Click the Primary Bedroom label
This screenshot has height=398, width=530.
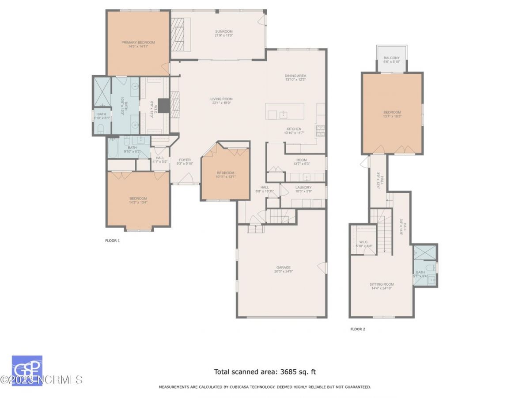(x=138, y=42)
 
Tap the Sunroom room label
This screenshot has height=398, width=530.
(x=223, y=31)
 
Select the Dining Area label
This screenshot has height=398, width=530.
(x=295, y=76)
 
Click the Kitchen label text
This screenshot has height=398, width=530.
(x=294, y=129)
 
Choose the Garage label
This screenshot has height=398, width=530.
(x=284, y=267)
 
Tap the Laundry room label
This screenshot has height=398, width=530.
(x=303, y=187)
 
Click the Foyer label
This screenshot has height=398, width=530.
(x=185, y=160)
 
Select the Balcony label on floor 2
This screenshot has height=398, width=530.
(x=391, y=58)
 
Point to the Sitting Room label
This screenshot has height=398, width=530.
(x=382, y=284)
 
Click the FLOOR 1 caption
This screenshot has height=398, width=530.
(x=112, y=241)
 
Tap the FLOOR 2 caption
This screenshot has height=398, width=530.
(x=358, y=329)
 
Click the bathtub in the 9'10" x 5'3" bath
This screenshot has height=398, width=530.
(x=113, y=148)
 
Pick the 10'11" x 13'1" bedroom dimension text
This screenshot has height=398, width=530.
(x=225, y=177)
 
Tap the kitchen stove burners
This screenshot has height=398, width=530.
(x=320, y=130)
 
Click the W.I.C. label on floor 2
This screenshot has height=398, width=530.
(x=363, y=242)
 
